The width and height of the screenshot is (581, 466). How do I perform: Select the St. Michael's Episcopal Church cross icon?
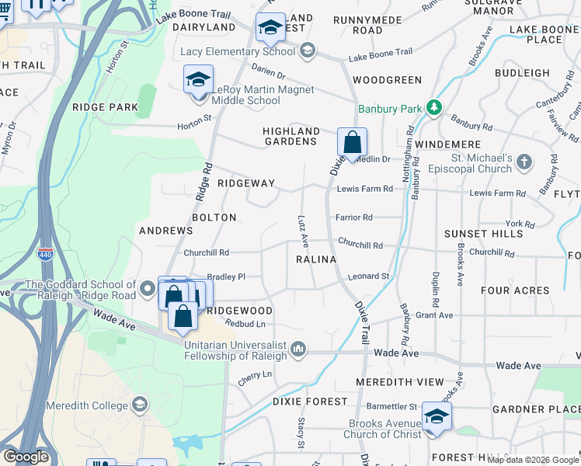pos(525,162)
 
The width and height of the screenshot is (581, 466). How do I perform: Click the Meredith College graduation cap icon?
pos(139,404)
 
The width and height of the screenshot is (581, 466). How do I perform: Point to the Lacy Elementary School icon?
pos(307,51)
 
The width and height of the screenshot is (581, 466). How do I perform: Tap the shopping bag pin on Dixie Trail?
pos(352,143)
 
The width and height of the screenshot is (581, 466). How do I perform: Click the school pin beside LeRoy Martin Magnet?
pos(198,81)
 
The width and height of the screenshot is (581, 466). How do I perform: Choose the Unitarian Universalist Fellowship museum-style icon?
pos(297,351)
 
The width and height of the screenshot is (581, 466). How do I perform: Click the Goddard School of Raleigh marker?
pos(148,290)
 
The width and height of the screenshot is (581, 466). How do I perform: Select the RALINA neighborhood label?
pos(315,259)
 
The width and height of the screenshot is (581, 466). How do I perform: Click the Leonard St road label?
pos(368,276)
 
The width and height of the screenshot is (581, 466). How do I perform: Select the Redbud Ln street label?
pos(245,323)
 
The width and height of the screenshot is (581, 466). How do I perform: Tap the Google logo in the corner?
pos(26,457)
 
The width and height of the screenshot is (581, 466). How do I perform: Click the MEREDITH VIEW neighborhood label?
pos(400,382)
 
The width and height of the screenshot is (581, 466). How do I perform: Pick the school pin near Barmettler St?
pos(437,416)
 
